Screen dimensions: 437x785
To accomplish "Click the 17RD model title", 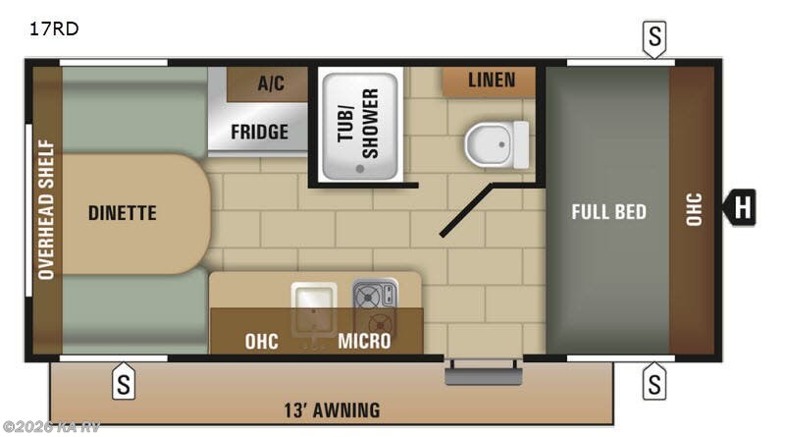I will (x=54, y=28).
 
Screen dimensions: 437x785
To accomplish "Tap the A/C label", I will (x=271, y=83).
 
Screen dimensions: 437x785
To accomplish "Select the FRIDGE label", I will (x=259, y=132).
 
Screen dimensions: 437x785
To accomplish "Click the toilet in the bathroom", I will (x=496, y=144).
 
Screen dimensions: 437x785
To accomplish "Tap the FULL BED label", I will (x=609, y=211).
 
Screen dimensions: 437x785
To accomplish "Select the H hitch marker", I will (x=742, y=208).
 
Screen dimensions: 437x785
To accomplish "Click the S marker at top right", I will (x=654, y=38).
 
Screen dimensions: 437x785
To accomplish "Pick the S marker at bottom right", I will (x=654, y=381).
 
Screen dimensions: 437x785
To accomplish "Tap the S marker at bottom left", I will (x=123, y=381).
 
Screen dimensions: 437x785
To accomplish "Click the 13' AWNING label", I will (x=331, y=410).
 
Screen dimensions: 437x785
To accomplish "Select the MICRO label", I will (x=364, y=342).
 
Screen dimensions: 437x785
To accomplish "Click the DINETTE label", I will (x=122, y=212).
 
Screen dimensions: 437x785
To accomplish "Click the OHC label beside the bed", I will (x=694, y=210).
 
